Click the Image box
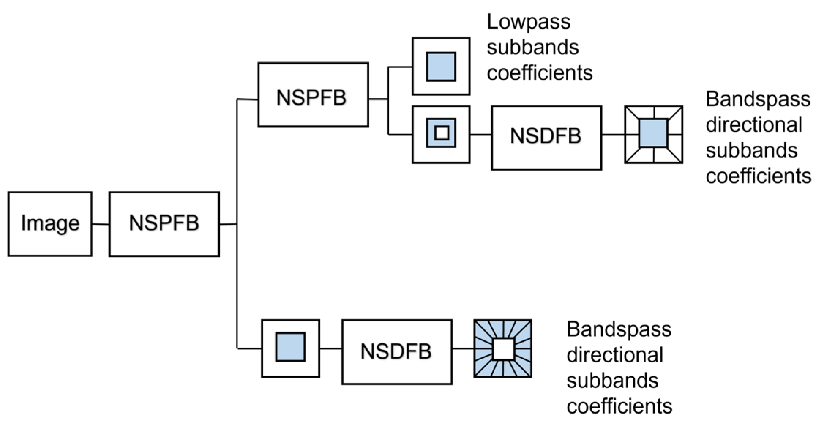pyautogui.click(x=50, y=224)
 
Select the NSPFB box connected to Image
pyautogui.click(x=164, y=224)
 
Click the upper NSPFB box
pyautogui.click(x=313, y=95)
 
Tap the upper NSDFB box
pyautogui.click(x=546, y=138)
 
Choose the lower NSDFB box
pyautogui.click(x=397, y=352)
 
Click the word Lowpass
pyautogui.click(x=528, y=22)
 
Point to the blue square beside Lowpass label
pyautogui.click(x=441, y=67)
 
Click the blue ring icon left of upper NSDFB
pyautogui.click(x=441, y=134)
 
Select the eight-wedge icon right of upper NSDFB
pyautogui.click(x=653, y=134)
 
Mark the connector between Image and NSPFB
pyautogui.click(x=100, y=224)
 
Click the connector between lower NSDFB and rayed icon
pyautogui.click(x=463, y=348)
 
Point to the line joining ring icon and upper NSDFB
pyautogui.click(x=480, y=135)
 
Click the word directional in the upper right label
pyautogui.click(x=753, y=125)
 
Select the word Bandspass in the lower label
pyautogui.click(x=619, y=329)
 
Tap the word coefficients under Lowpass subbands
pyautogui.click(x=539, y=73)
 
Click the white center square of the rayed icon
pyautogui.click(x=503, y=348)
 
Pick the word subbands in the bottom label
pyautogui.click(x=612, y=381)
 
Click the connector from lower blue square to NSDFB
pyautogui.click(x=330, y=348)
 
